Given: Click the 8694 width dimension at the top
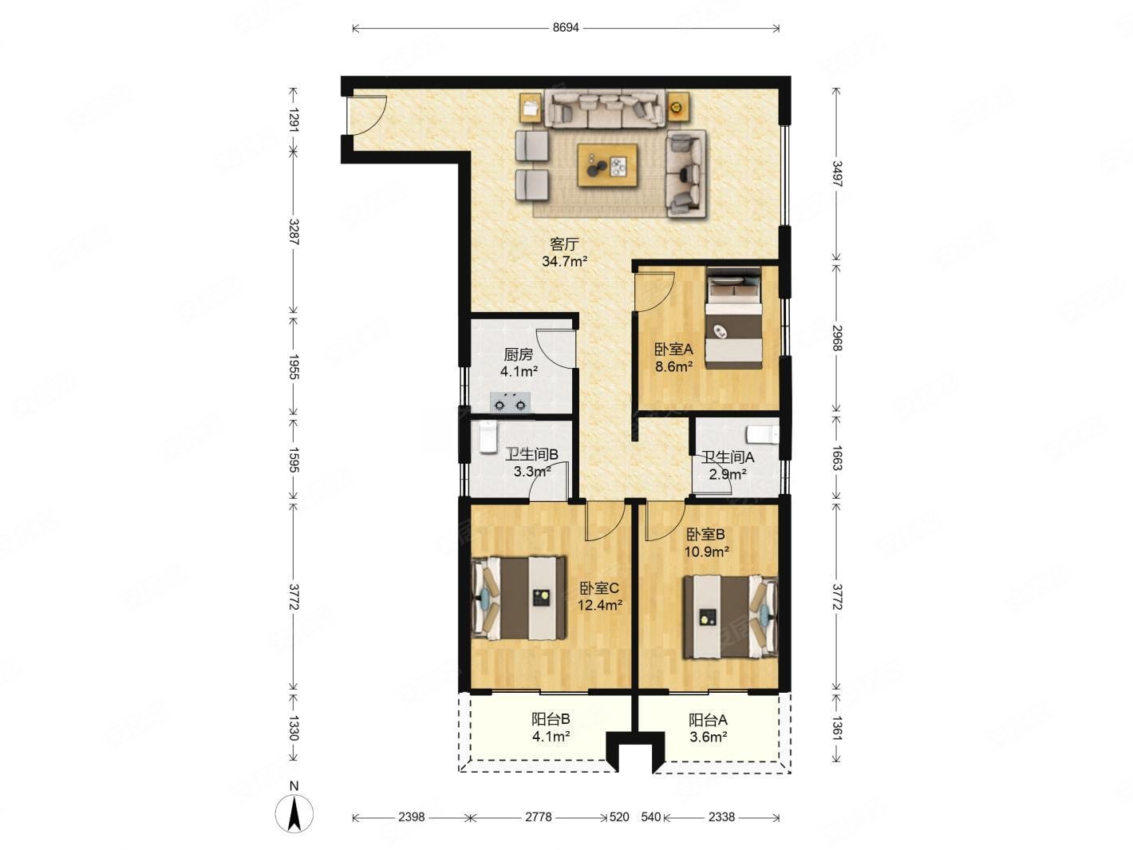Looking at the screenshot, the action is point(565,27).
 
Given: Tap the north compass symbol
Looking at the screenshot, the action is point(294,814).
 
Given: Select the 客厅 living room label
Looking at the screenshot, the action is point(564,243).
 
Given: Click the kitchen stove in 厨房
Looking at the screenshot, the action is point(511,402).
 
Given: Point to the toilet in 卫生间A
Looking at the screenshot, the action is point(763,434).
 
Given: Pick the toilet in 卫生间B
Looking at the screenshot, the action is point(488,437).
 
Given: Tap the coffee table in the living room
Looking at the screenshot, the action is point(607,165).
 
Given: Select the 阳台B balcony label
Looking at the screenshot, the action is point(551,719).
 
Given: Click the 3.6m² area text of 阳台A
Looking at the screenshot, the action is point(709,737).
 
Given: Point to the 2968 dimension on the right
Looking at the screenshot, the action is point(837,338).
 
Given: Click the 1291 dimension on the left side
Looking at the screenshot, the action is point(294,120).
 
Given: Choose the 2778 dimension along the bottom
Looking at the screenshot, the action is point(539,817).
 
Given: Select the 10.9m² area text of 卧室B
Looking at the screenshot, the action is point(706,552).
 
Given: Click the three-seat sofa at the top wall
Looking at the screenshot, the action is point(605,109).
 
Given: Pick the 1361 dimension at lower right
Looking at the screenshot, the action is point(837,728).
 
